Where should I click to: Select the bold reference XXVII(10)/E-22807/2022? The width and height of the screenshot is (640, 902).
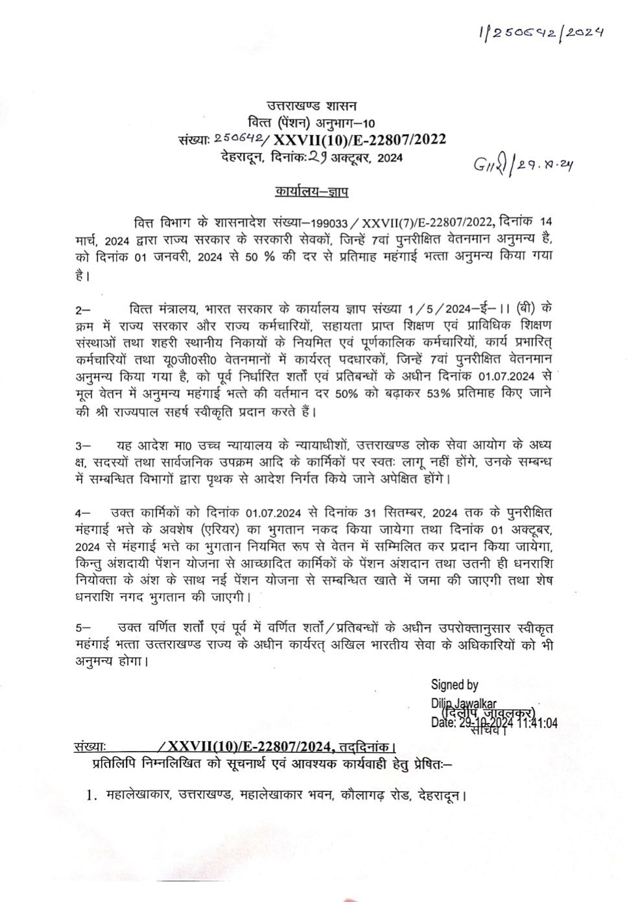(x=359, y=139)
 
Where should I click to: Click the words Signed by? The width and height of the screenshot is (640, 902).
(x=455, y=685)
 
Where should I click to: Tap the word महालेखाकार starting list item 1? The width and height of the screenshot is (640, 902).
(x=137, y=794)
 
